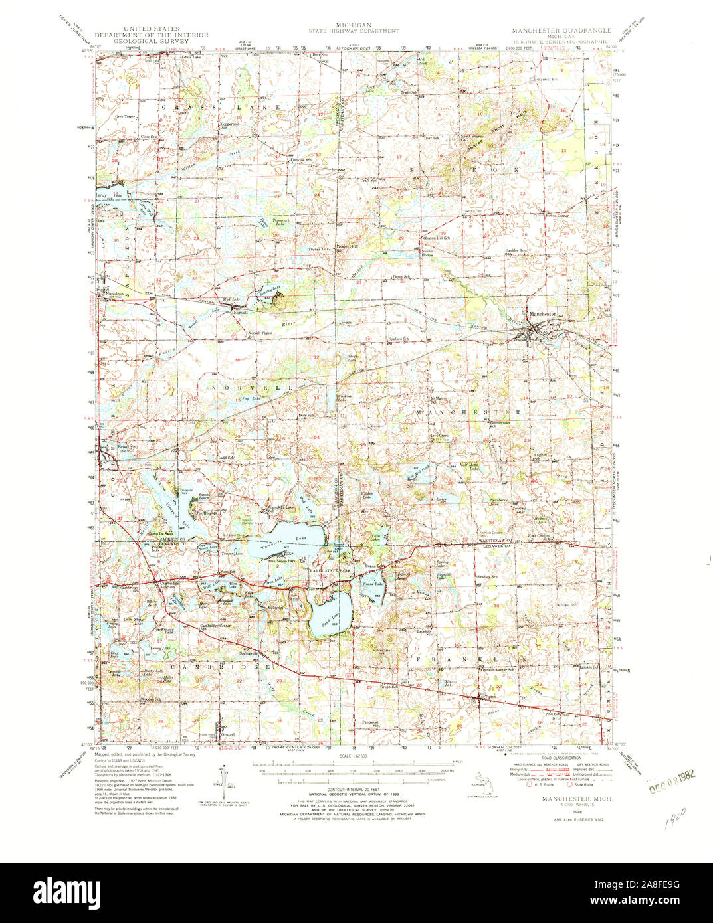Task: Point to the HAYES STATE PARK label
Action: click(x=330, y=570)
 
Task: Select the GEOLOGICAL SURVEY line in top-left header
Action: click(x=151, y=41)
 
